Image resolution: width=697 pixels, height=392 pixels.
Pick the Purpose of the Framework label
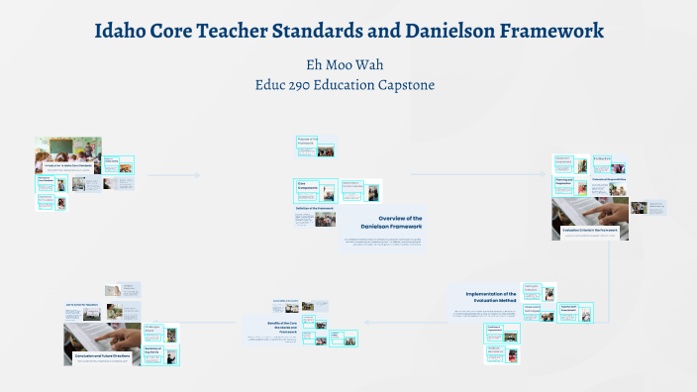[307, 141]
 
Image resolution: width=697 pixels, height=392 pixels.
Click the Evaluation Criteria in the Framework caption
[590, 229]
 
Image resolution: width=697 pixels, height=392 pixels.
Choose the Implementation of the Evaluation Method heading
[486, 299]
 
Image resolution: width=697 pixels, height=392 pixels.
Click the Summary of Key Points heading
[153, 350]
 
